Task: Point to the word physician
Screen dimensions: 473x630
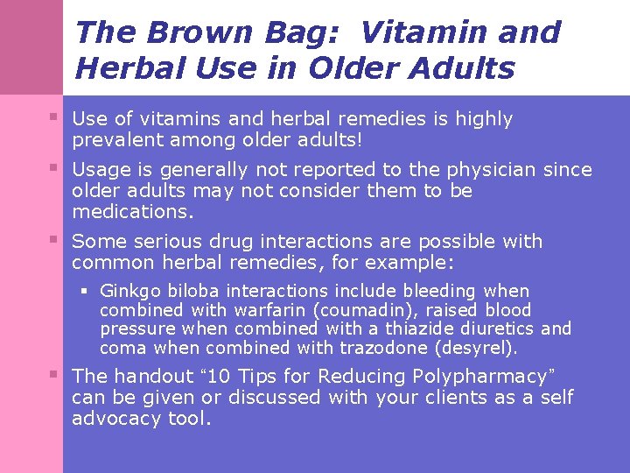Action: click(x=493, y=169)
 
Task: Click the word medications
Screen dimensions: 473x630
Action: click(x=131, y=212)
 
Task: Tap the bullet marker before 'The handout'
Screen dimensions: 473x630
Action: click(x=55, y=374)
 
